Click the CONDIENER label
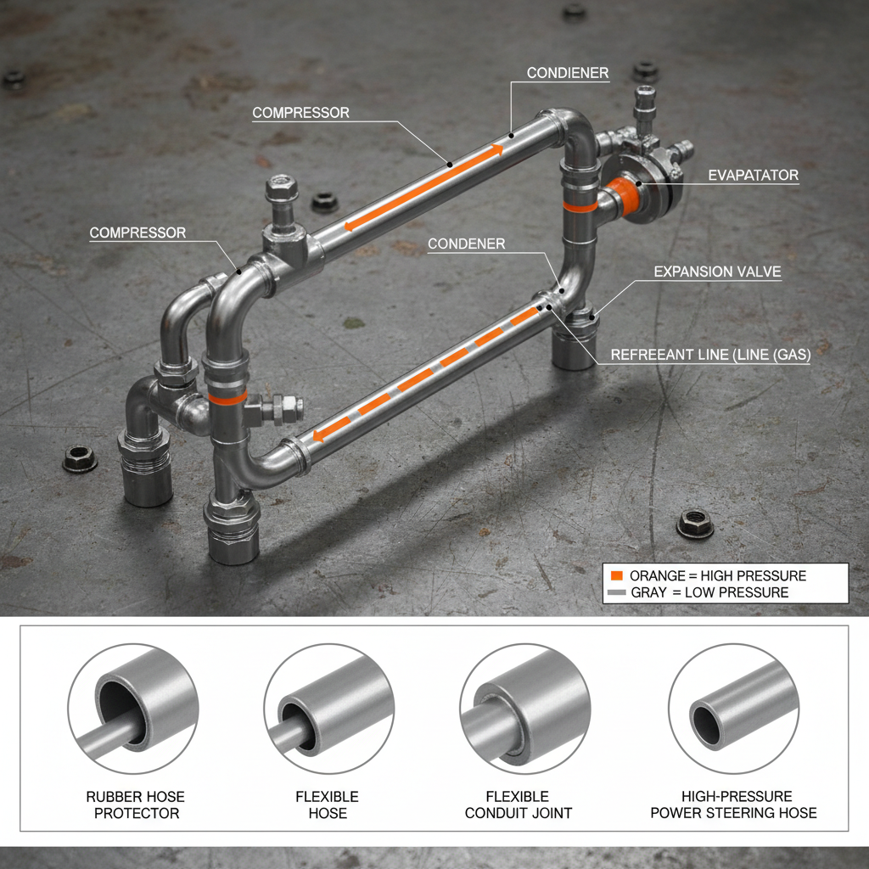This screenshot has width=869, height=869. (568, 73)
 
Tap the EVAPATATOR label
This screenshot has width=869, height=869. (753, 176)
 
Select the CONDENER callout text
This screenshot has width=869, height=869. (466, 244)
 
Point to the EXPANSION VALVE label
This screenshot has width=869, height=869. (717, 272)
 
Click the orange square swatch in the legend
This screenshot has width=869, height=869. (616, 575)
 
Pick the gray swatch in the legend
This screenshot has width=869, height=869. (616, 592)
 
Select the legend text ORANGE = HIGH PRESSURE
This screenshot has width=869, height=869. (718, 575)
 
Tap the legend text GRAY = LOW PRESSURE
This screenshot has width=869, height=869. (709, 592)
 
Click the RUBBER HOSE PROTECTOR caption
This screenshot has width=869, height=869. (136, 805)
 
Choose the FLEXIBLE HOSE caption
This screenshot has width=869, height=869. (328, 805)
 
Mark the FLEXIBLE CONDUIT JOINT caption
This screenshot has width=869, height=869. (518, 805)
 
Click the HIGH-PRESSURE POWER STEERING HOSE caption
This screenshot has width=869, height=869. (733, 805)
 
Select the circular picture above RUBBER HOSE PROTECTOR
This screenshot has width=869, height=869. (133, 709)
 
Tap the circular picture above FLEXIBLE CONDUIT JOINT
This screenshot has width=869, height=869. (524, 709)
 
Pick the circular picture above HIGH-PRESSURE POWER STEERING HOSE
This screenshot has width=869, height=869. (733, 709)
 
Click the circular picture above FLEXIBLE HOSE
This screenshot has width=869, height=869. (328, 709)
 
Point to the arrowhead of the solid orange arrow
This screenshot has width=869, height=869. (495, 150)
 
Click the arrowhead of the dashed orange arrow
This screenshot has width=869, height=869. (320, 437)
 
